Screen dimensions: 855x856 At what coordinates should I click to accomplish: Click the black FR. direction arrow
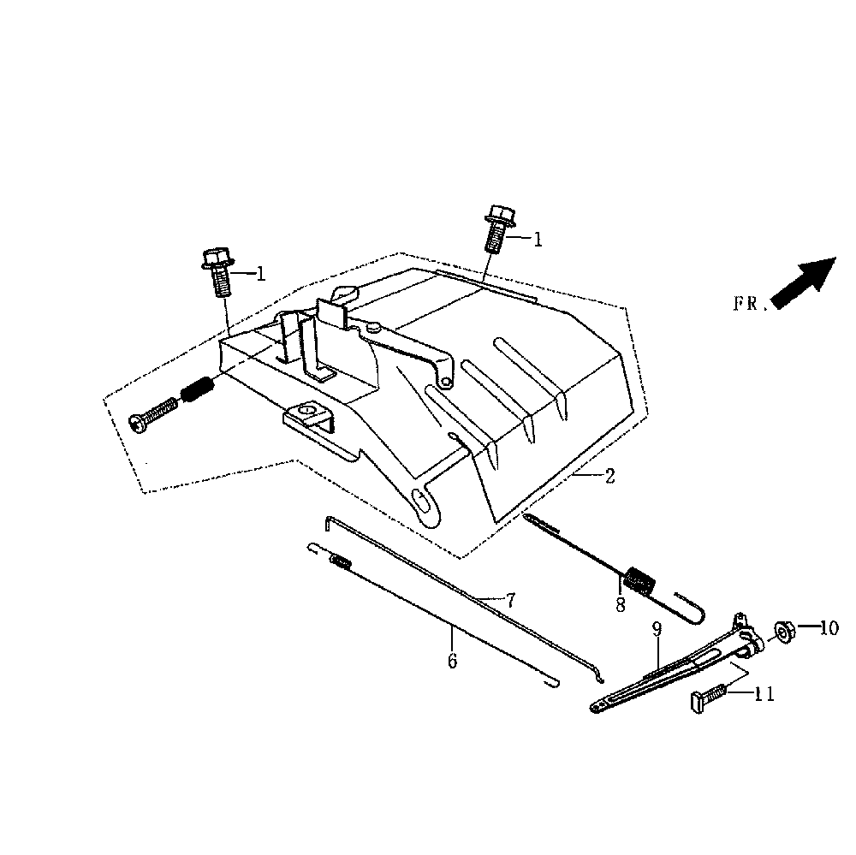[804, 282]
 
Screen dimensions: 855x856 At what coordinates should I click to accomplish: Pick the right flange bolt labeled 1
[497, 228]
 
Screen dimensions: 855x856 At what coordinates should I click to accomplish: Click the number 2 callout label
[609, 476]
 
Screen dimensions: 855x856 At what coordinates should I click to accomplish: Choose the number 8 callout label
[620, 604]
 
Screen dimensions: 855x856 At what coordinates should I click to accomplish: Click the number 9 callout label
[657, 630]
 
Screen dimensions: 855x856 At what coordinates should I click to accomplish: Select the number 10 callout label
[829, 628]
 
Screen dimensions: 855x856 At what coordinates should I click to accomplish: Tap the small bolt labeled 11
[707, 698]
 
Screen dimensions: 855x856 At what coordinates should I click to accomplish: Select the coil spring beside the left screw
[198, 394]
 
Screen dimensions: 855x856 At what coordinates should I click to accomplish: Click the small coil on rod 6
[340, 562]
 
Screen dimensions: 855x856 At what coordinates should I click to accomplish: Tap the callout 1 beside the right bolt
[538, 240]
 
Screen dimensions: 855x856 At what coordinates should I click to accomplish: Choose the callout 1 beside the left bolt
[260, 275]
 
